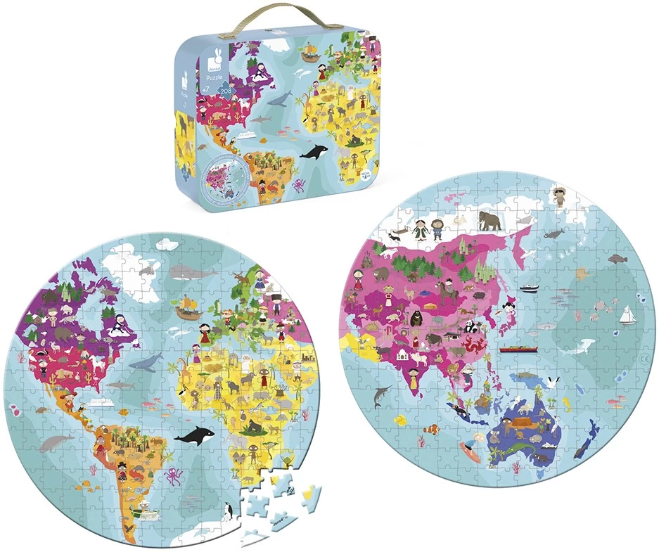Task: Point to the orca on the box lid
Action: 313,150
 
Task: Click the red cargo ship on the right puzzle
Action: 519,349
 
